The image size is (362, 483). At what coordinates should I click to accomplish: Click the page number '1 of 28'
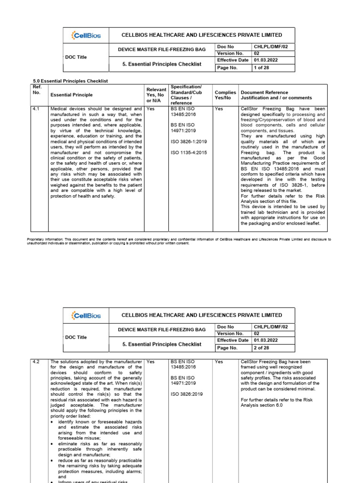[x=262, y=68]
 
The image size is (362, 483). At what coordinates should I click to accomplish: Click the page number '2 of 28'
[x=262, y=348]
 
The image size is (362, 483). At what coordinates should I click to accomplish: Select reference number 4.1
[x=36, y=108]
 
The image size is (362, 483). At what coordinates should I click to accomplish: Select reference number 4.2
[x=36, y=362]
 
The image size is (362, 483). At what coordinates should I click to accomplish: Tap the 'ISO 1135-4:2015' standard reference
[x=189, y=152]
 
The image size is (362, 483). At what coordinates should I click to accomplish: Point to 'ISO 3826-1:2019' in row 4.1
[x=189, y=142]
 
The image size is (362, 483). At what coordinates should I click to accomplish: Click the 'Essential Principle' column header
[x=72, y=95]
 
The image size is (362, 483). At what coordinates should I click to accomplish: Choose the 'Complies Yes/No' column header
[x=225, y=95]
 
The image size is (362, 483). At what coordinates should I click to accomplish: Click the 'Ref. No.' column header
[x=37, y=90]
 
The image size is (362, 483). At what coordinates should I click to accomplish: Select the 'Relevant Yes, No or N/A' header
[x=156, y=95]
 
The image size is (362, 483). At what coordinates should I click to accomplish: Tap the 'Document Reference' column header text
[x=264, y=92]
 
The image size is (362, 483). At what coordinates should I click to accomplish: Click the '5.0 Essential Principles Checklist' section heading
[x=70, y=81]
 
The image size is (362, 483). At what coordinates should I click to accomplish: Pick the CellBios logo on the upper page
[x=84, y=35]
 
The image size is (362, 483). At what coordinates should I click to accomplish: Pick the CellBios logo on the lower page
[x=84, y=315]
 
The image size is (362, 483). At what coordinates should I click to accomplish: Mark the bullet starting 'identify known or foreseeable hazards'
[x=97, y=422]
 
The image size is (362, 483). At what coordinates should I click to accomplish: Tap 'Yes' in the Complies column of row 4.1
[x=219, y=108]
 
